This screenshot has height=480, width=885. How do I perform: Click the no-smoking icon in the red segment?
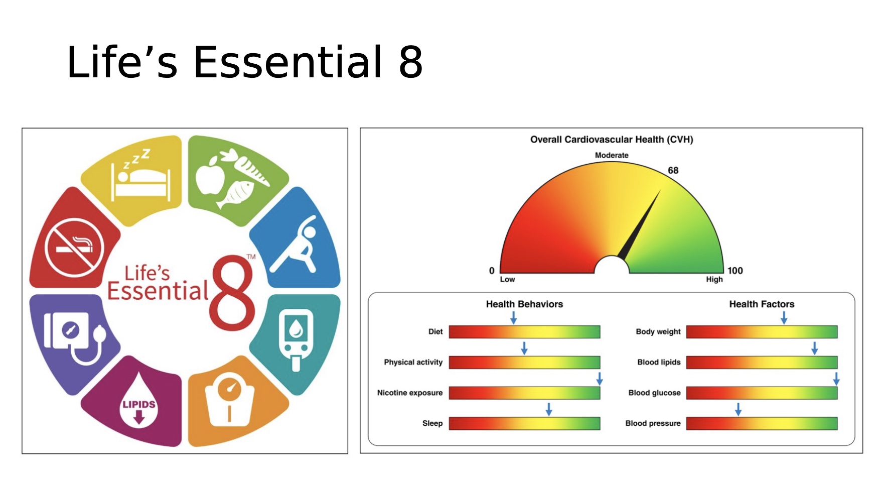74,248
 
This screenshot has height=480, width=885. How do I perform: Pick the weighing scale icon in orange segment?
230,400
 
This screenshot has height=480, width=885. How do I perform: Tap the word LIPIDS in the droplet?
139,404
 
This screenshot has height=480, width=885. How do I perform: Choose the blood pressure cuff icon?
73,333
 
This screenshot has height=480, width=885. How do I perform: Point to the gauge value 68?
673,171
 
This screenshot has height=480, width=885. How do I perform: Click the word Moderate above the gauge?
612,156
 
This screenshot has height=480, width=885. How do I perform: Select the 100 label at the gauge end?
735,271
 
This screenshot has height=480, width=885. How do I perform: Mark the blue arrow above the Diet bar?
513,317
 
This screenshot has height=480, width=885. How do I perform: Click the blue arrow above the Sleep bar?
549,409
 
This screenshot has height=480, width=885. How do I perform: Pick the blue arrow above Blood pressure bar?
738,409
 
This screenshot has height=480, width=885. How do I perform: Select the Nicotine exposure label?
409,393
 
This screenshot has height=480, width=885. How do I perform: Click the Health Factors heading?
762,304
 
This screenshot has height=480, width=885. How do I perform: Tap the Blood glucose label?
654,393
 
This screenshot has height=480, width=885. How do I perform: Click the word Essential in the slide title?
288,62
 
